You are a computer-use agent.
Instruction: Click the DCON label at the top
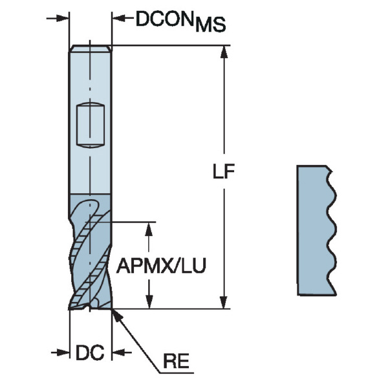pyautogui.click(x=164, y=19)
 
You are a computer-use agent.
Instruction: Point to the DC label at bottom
pyautogui.click(x=91, y=353)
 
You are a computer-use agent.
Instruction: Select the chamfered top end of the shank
pyautogui.click(x=91, y=48)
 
